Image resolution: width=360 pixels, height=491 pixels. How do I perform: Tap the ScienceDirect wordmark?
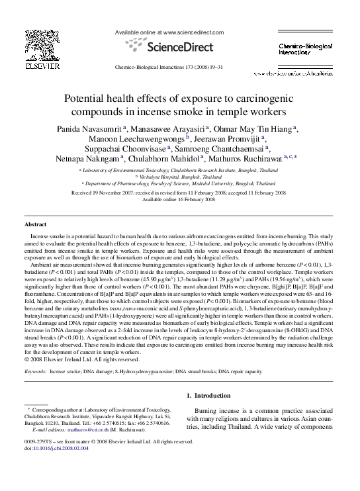pos(181,47)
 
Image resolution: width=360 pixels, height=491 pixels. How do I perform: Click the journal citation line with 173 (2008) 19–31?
pos(179,67)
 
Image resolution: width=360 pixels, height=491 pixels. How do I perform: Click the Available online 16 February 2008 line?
pos(179,199)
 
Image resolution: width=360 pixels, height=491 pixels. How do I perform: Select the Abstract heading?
pos(35,225)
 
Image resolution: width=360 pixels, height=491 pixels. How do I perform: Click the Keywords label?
pos(35,373)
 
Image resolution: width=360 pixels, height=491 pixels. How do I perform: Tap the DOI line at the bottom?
pos(56,447)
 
